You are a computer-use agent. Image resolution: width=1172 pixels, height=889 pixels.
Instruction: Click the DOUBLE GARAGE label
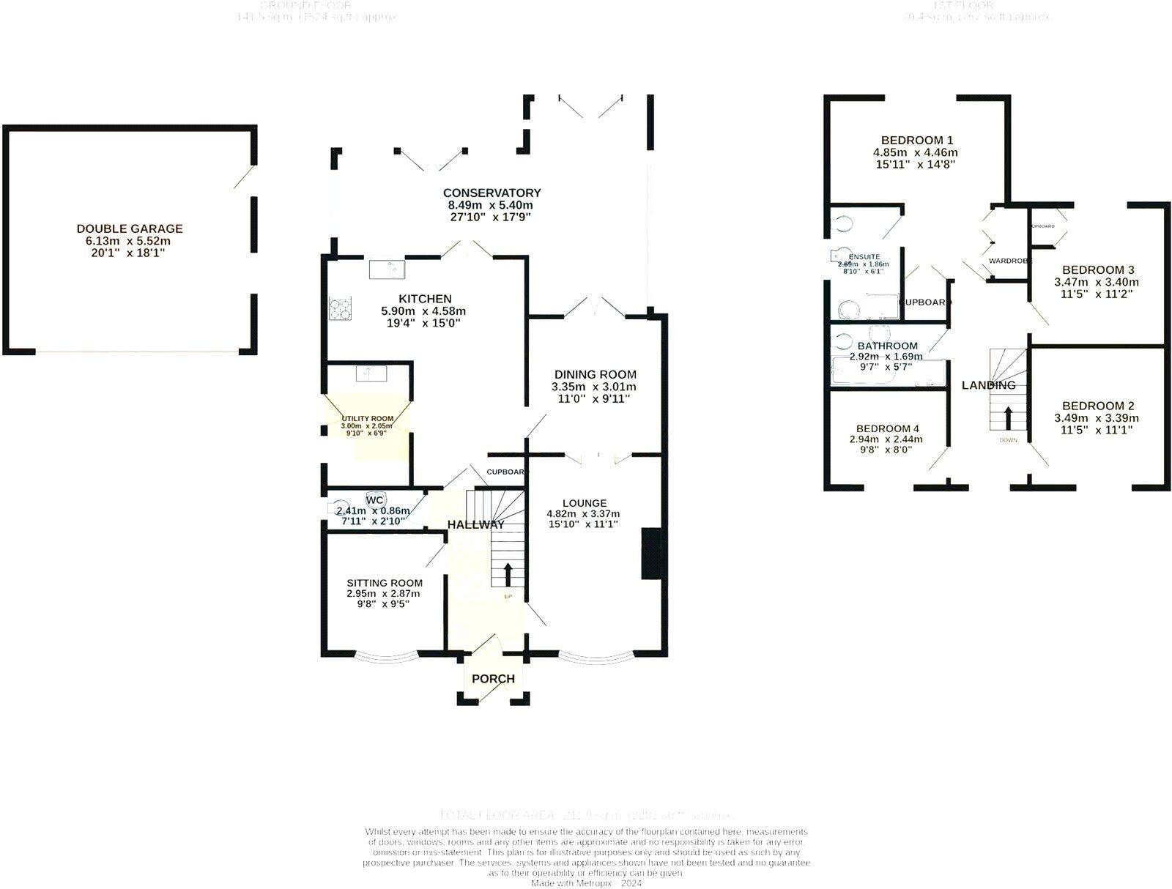tap(130, 228)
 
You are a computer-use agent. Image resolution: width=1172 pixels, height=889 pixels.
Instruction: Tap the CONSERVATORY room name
tap(492, 193)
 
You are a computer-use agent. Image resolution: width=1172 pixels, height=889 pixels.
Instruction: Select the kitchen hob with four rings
tap(339, 309)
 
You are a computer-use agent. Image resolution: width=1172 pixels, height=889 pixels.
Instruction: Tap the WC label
tap(375, 500)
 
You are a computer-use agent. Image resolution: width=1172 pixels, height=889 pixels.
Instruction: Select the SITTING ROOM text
tap(385, 583)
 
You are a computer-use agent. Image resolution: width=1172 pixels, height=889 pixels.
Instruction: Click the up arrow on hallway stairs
tap(507, 573)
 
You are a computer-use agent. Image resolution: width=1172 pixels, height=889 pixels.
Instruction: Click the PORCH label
tap(493, 679)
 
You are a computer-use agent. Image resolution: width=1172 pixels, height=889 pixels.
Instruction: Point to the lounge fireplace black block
tap(650, 554)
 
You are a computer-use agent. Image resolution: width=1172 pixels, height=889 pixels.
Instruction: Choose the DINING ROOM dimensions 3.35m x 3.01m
tap(594, 387)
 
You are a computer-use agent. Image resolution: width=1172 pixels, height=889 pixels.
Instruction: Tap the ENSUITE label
tap(864, 257)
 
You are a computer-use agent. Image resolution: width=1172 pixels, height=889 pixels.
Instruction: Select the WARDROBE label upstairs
tap(1010, 261)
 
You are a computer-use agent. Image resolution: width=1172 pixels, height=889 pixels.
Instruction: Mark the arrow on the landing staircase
tap(1008, 418)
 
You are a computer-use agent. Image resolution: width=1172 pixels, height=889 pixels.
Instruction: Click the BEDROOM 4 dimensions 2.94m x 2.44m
tap(886, 439)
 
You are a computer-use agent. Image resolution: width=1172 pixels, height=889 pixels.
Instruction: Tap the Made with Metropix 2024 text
tap(586, 883)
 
